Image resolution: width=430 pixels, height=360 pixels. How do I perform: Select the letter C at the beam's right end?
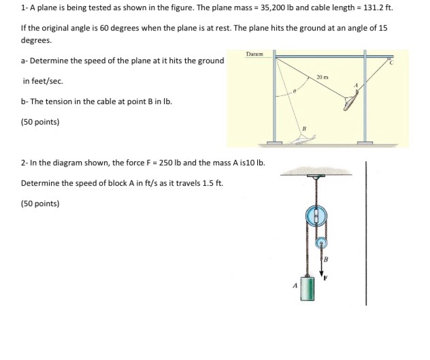tap(389, 63)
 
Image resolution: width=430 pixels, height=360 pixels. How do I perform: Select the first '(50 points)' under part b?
tap(40, 122)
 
